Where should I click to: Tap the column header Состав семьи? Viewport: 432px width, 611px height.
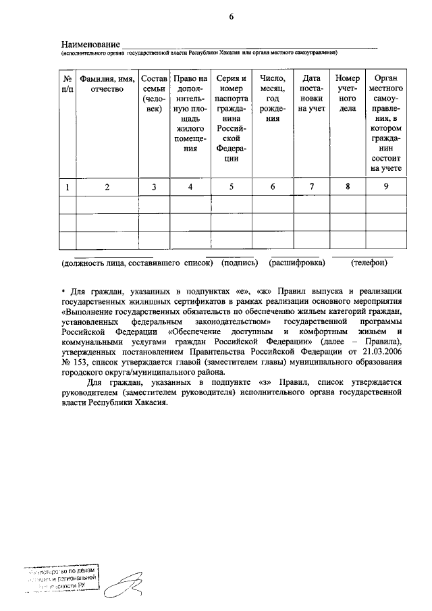(154, 94)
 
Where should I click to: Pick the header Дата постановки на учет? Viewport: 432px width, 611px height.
(312, 94)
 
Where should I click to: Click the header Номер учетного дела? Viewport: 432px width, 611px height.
(347, 94)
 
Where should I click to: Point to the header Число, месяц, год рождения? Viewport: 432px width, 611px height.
(273, 99)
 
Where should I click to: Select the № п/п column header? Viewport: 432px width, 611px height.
(67, 84)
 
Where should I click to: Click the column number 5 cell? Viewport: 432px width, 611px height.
(231, 187)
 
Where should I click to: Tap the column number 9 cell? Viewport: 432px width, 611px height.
(386, 187)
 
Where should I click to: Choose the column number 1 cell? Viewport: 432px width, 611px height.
(67, 187)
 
